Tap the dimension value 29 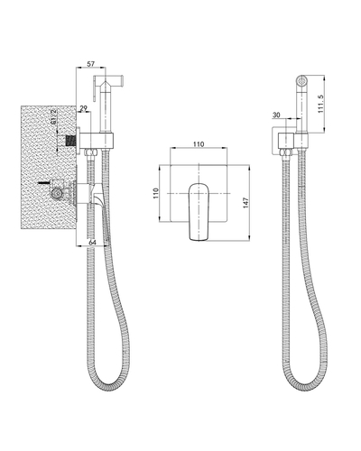pyautogui.click(x=84, y=108)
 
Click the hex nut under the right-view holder pyautogui.click(x=287, y=156)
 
